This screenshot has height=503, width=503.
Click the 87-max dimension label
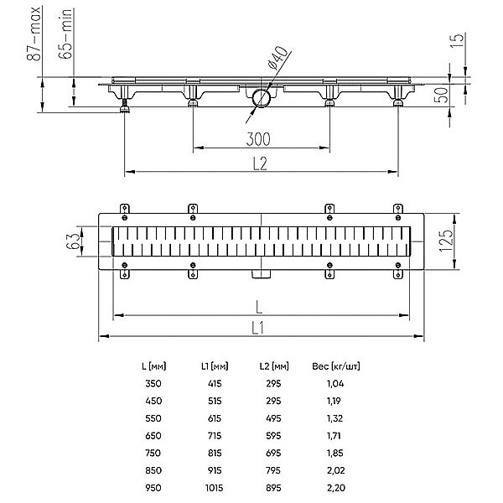click(34, 34)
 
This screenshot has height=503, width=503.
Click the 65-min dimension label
click(65, 34)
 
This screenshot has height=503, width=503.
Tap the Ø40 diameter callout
click(277, 58)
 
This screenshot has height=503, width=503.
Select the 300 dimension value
click(258, 139)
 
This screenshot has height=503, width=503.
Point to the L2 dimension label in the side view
click(260, 163)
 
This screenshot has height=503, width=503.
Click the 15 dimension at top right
click(457, 40)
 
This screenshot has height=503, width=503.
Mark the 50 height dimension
click(441, 95)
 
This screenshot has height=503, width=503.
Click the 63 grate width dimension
click(73, 241)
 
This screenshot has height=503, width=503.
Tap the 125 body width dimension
click(446, 241)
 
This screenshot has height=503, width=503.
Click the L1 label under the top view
click(257, 328)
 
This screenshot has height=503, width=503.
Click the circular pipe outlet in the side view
click(262, 98)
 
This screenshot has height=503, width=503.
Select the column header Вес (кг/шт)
click(336, 366)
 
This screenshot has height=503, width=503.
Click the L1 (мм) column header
click(215, 366)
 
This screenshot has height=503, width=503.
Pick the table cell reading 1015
click(215, 488)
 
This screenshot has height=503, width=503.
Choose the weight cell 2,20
click(336, 488)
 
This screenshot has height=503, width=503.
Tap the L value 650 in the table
click(153, 436)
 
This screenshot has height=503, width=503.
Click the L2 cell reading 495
click(273, 418)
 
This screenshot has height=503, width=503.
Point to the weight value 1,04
click(335, 383)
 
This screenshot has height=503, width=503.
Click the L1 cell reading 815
click(215, 453)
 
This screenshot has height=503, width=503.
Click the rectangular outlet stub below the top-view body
click(261, 274)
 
